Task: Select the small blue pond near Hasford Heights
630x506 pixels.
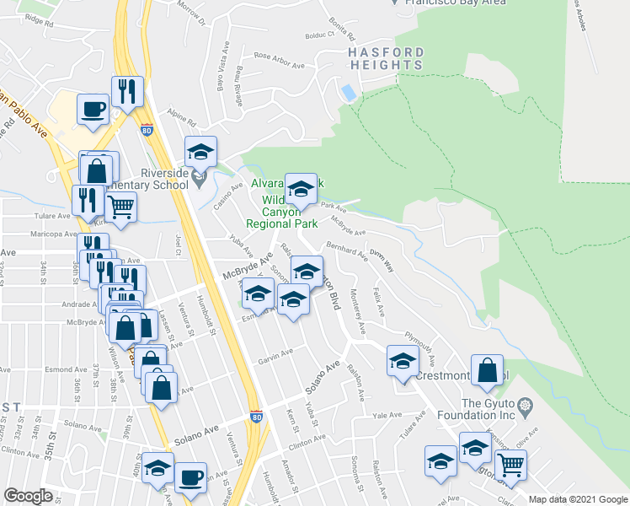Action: (x=347, y=91)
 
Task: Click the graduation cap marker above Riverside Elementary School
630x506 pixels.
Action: (x=200, y=153)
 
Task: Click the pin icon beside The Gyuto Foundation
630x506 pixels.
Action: (x=525, y=406)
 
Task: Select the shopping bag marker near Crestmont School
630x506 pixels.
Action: (x=487, y=371)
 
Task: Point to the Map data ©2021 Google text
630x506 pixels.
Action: (x=576, y=498)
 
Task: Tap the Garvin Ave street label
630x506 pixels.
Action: (x=275, y=357)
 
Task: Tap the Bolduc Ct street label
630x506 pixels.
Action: (x=319, y=36)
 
